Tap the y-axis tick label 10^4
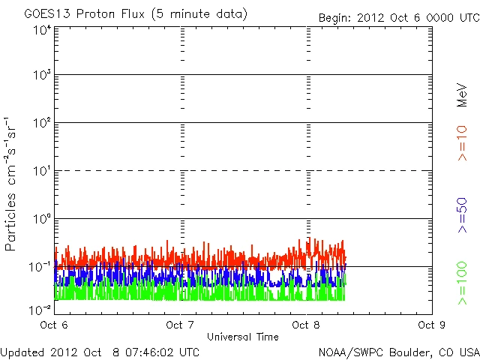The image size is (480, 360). (x=41, y=30)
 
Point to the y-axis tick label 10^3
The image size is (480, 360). (x=41, y=76)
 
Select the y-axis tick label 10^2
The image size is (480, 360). (x=41, y=124)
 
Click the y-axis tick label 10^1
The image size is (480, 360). (x=41, y=172)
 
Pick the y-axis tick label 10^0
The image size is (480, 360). (x=41, y=220)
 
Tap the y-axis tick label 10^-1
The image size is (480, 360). (x=40, y=268)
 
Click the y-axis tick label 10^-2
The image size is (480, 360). (x=40, y=310)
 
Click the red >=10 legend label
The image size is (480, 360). (x=463, y=143)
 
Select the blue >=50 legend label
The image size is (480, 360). (x=463, y=215)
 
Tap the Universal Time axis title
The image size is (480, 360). (x=242, y=337)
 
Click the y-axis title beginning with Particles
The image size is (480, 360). (x=11, y=184)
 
